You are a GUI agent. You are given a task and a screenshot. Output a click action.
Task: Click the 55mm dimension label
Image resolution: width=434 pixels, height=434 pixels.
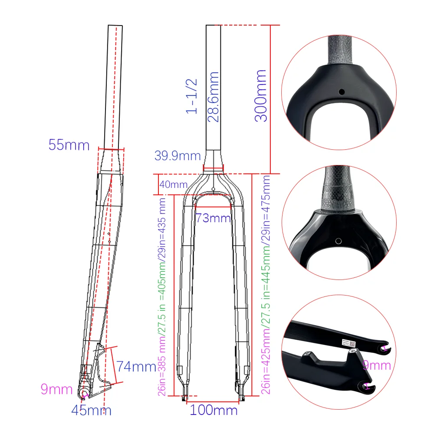[69, 145]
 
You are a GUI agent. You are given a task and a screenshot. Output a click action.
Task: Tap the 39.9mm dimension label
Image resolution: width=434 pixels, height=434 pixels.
[178, 155]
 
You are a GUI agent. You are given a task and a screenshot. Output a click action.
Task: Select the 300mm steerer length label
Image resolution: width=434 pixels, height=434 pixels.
[261, 96]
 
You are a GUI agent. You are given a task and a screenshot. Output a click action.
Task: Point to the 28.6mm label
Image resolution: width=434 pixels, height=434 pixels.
[213, 97]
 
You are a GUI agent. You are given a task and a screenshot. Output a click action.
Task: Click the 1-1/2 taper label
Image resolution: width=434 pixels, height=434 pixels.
[191, 96]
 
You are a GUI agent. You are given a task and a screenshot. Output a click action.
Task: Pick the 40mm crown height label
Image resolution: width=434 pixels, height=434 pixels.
[174, 184]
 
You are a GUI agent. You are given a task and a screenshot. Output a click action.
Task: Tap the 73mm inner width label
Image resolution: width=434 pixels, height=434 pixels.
[213, 218]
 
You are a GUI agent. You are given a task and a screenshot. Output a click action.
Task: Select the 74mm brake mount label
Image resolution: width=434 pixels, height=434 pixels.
[136, 366]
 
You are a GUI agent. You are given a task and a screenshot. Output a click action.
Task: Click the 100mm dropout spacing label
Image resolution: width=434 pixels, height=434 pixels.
[214, 410]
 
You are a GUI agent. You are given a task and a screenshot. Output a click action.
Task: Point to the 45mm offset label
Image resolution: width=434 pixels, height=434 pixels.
[91, 410]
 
